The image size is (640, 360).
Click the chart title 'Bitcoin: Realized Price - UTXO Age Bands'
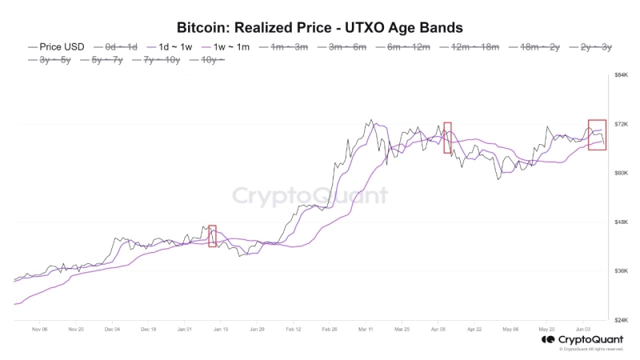[319, 28]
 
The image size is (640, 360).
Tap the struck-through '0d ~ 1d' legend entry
[115, 47]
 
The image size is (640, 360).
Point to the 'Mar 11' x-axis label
[367, 329]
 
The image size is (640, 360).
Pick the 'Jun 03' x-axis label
[583, 329]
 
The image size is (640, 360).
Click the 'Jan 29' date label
[257, 329]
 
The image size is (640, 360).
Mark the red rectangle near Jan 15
[212, 236]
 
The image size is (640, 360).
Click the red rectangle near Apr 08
[447, 138]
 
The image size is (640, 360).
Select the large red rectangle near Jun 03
[597, 134]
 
